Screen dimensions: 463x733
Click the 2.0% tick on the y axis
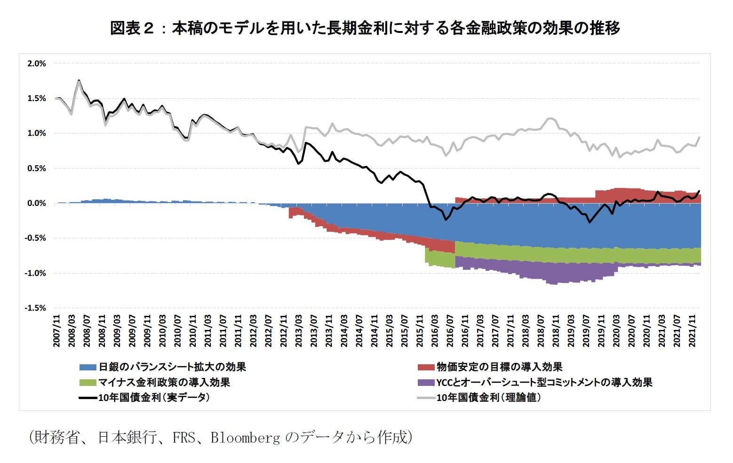point(37,63)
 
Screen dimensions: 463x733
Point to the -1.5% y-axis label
point(36,308)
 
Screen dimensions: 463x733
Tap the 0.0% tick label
point(37,204)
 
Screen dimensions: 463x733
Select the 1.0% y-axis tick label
point(37,133)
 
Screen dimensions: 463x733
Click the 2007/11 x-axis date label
point(57,331)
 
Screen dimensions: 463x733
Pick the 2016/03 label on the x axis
point(435,331)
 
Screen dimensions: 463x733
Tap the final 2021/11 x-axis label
point(693,331)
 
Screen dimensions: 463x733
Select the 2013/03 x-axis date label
point(299,331)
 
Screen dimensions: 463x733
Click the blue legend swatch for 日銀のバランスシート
point(88,367)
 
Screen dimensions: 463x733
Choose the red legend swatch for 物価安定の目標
point(426,367)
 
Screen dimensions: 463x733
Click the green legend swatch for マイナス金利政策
point(88,383)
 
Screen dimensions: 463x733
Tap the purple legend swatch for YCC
point(426,383)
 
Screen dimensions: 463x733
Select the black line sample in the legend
point(88,398)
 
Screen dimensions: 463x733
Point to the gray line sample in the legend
point(426,398)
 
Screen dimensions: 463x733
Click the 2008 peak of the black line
point(79,80)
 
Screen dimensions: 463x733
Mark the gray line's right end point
point(700,137)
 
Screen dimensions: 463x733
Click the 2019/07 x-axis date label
point(586,331)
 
